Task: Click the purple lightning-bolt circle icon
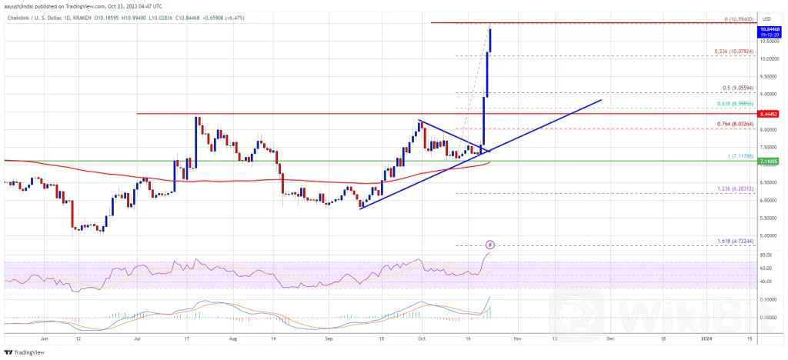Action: (489, 245)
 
